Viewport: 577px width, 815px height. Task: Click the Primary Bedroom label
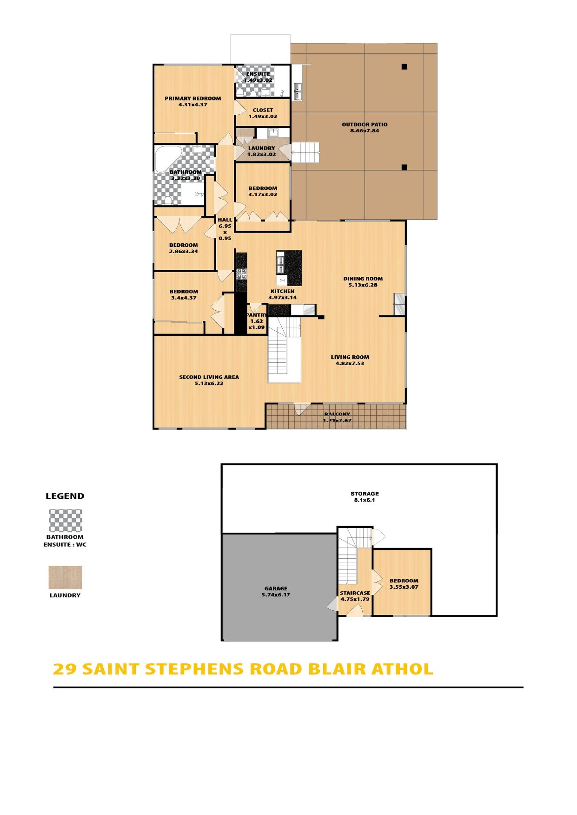(193, 98)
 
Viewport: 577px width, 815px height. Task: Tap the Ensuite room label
(258, 74)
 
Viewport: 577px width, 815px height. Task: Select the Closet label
(263, 110)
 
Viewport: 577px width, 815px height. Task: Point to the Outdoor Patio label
(365, 124)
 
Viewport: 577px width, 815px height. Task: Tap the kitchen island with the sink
(289, 268)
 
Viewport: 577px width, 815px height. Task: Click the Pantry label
(256, 315)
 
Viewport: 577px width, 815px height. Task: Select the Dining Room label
(363, 279)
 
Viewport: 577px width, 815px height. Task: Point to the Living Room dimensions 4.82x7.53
(350, 364)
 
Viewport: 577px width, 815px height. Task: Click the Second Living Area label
(209, 377)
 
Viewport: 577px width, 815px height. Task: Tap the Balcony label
(337, 414)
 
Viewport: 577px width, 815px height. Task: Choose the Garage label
(276, 588)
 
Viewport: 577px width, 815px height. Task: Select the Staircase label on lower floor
(355, 593)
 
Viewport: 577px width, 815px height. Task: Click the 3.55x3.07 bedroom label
(404, 587)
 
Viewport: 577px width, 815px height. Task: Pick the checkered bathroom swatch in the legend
(66, 521)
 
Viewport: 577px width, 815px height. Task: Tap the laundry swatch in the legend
(66, 577)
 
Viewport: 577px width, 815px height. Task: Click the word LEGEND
(65, 496)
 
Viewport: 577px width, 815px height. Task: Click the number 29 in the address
(65, 669)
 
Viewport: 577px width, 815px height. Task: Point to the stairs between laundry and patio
(305, 152)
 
